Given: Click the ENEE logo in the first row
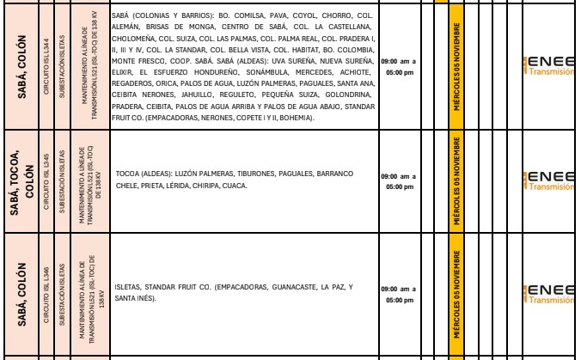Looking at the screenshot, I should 551,66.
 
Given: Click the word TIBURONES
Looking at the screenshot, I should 235,173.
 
